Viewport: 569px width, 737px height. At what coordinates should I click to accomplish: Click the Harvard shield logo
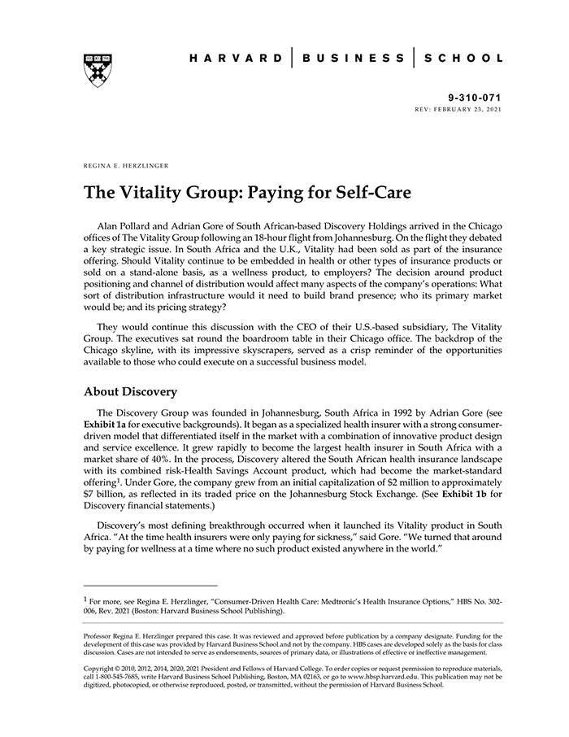[x=97, y=70]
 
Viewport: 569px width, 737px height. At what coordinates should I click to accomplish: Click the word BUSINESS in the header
[x=353, y=59]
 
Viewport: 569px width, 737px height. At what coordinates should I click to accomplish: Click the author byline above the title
[x=126, y=165]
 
